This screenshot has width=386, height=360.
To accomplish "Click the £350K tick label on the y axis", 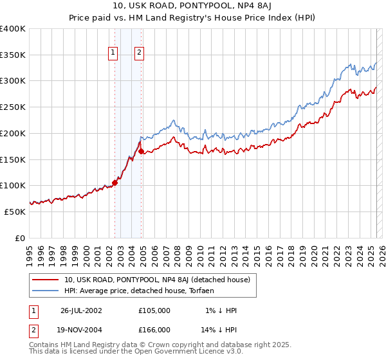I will (13, 55).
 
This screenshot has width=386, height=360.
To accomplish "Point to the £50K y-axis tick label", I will (15, 212).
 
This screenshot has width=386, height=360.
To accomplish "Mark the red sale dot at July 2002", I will (115, 183).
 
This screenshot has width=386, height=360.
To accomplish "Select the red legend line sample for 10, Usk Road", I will (45, 280).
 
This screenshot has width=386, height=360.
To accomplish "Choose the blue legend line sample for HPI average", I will (45, 291).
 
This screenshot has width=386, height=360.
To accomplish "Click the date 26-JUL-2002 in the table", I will (81, 310).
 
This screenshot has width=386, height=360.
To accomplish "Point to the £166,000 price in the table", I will (154, 329).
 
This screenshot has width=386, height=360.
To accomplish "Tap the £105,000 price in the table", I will (154, 310).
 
